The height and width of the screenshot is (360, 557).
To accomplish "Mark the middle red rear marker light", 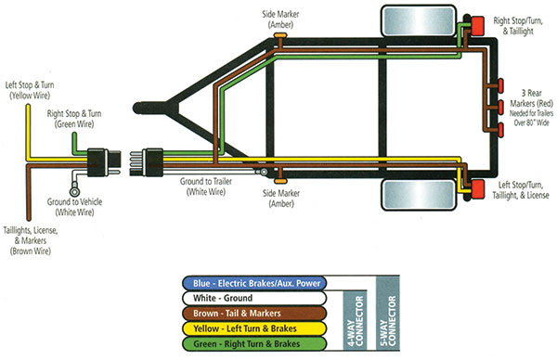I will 499,107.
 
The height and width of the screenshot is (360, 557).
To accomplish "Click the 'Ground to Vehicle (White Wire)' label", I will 71,206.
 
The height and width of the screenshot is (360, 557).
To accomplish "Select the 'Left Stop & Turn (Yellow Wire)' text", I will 32,89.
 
